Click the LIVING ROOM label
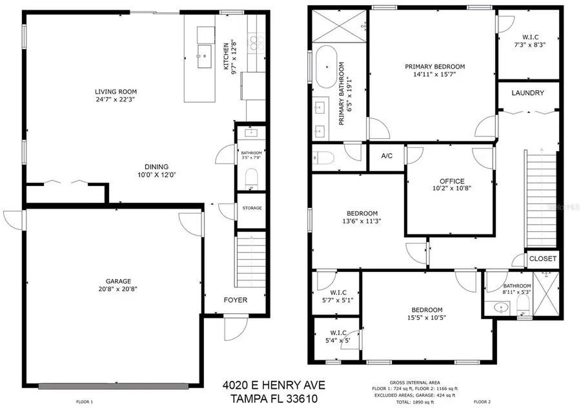[x=116, y=92]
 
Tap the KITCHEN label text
[x=226, y=57]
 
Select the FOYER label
[x=235, y=300]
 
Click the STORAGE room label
[x=252, y=208]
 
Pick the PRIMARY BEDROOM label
[x=434, y=67]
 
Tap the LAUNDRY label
[x=527, y=93]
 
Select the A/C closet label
[x=387, y=156]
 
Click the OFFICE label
[x=451, y=181]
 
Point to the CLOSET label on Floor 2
[x=542, y=258]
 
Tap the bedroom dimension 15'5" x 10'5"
[x=427, y=317]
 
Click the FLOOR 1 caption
[x=85, y=402]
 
